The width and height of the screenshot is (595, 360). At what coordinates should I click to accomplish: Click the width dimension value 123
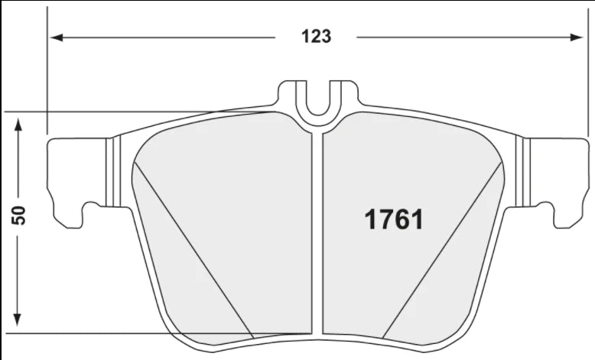316,36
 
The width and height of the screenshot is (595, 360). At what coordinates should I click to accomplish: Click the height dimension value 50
21,215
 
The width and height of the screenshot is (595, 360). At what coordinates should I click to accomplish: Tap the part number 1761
392,219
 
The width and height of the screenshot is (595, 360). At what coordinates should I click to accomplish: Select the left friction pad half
229,229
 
